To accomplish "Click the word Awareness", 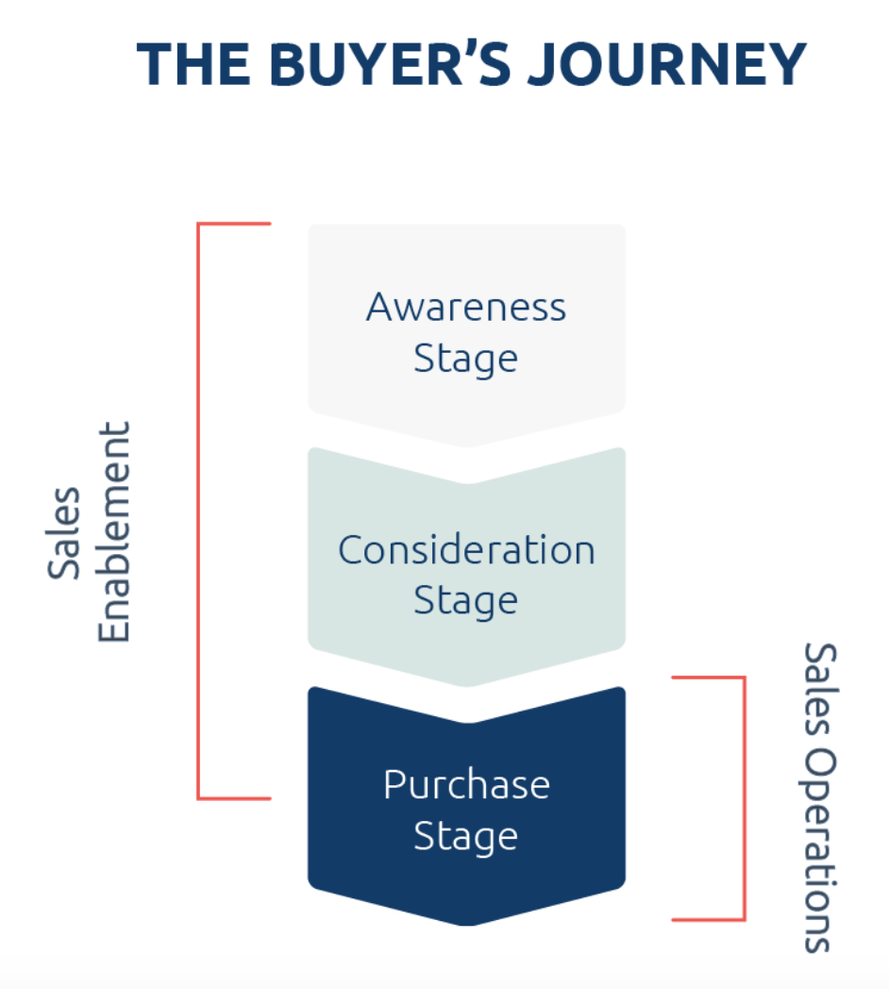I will tap(466, 308).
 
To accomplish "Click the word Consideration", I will tap(466, 550).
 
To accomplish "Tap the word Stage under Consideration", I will tap(466, 602).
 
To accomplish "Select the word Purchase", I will tap(466, 785).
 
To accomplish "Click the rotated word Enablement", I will tap(114, 533).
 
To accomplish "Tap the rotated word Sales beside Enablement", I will tap(64, 533).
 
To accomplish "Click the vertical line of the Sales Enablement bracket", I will tap(198, 511).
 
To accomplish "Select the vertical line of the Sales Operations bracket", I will tap(745, 797).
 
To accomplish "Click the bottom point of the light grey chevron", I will tap(467, 444).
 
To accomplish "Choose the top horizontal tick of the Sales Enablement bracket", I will tap(234, 225).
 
